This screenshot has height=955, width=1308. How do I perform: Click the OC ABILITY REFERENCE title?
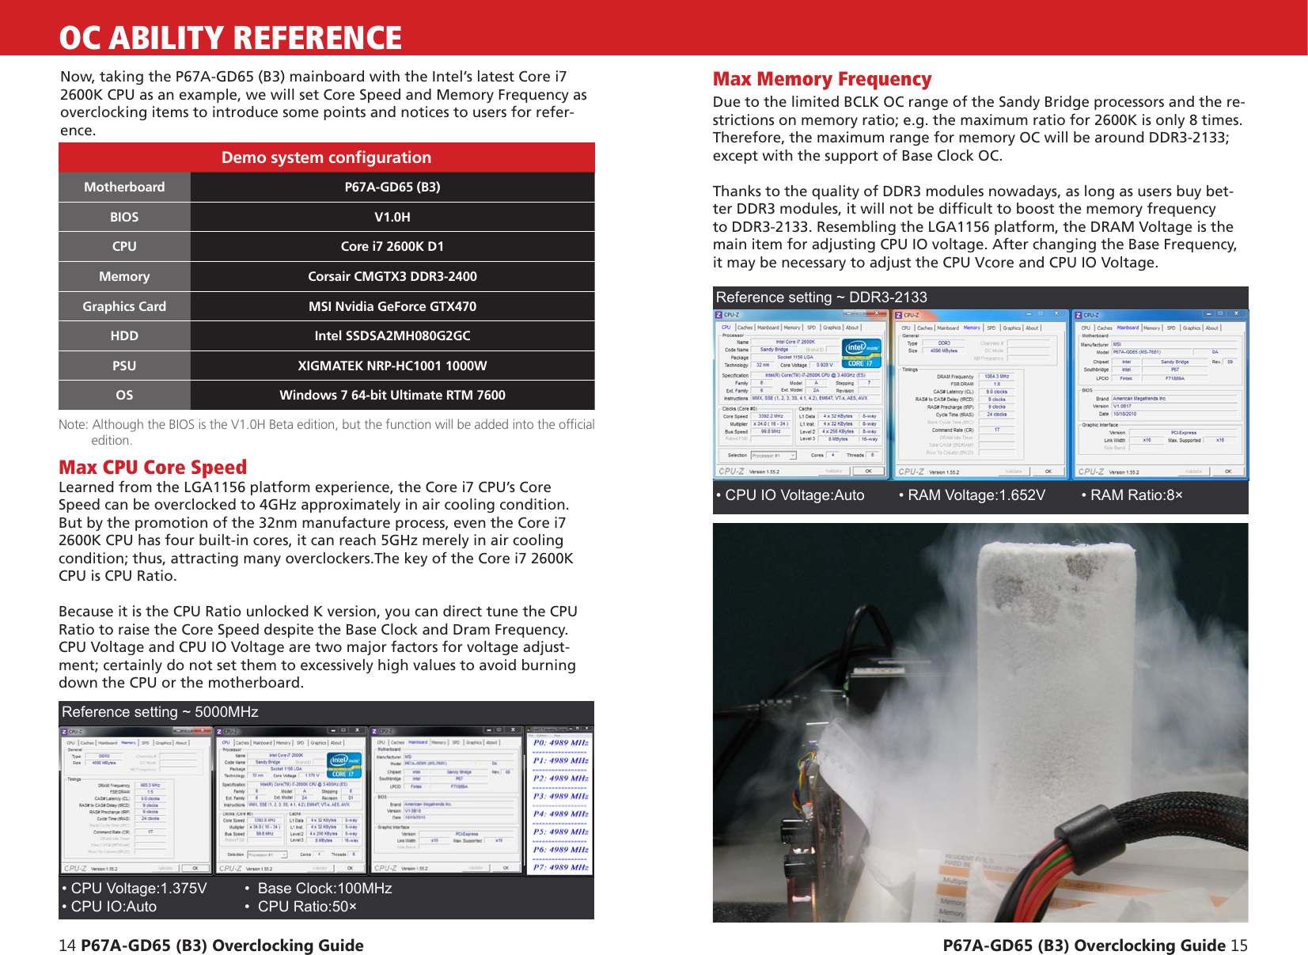click(230, 37)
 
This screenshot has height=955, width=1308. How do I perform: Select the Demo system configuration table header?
click(326, 157)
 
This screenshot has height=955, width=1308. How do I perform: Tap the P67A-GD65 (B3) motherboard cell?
click(392, 187)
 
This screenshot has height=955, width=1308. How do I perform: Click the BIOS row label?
click(124, 217)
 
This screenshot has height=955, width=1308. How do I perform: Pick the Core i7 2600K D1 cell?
click(392, 246)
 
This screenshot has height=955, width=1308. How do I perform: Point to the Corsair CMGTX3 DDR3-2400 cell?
click(392, 276)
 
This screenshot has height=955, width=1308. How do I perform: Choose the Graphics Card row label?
click(124, 306)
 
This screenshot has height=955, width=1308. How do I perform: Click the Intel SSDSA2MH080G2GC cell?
click(392, 335)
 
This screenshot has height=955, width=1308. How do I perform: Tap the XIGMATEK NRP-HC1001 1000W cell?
click(392, 366)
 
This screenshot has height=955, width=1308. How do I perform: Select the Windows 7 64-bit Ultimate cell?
click(392, 395)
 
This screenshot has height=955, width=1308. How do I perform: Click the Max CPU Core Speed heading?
click(153, 467)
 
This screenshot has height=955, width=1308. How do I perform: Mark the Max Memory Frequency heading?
click(821, 79)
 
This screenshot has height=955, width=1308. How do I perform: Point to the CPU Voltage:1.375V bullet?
click(135, 888)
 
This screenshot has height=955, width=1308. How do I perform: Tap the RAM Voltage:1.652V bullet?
click(972, 495)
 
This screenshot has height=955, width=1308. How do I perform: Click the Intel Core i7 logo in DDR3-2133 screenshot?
click(861, 353)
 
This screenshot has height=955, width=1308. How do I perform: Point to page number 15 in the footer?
click(1238, 945)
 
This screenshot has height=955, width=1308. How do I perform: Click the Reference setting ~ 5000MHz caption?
click(160, 711)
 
